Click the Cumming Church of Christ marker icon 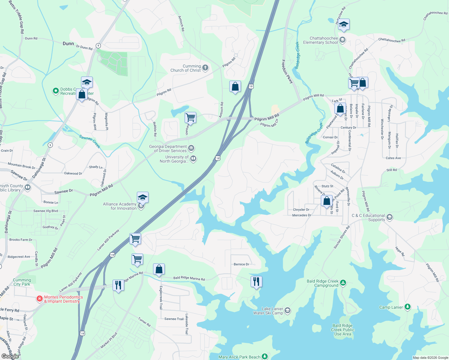[x=205, y=67]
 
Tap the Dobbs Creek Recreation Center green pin [x=56, y=91]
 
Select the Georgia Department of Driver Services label [x=168, y=148]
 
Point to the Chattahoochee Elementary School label [x=321, y=40]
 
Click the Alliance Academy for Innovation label [x=120, y=206]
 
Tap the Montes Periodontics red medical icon [x=39, y=299]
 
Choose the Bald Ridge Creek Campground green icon [x=343, y=283]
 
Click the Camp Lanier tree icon [x=407, y=307]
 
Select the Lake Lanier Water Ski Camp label [x=268, y=311]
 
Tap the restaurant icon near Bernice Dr [x=256, y=282]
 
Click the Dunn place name [x=68, y=43]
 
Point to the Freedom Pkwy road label [x=287, y=71]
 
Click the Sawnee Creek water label [x=89, y=142]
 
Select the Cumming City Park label [x=22, y=282]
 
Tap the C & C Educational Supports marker [x=389, y=217]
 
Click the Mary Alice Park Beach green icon [x=264, y=356]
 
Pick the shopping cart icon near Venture [x=190, y=118]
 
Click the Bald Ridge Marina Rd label [x=189, y=278]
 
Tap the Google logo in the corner [x=10, y=356]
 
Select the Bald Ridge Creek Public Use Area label [x=342, y=330]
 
